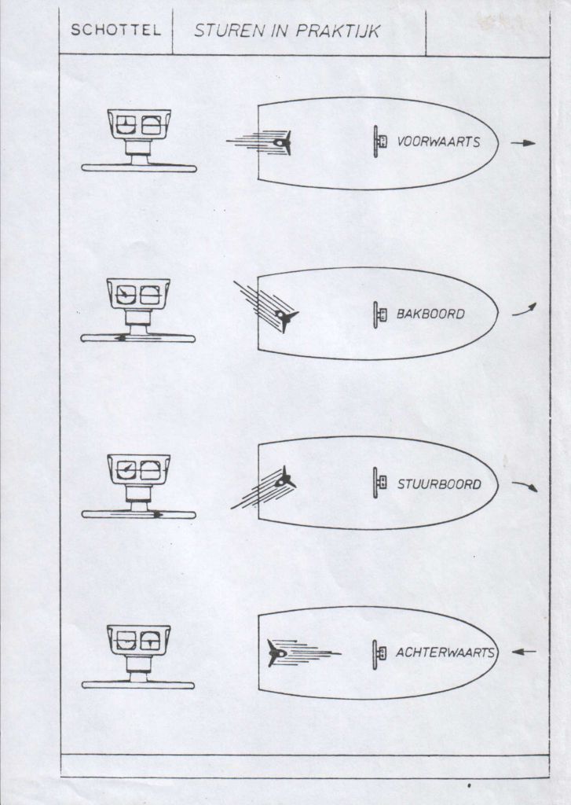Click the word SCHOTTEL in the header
click(x=115, y=31)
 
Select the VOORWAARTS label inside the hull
click(x=438, y=142)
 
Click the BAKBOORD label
click(x=430, y=314)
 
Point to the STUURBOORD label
click(x=439, y=484)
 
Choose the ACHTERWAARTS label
click(x=445, y=652)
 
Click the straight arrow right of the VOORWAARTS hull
click(x=523, y=143)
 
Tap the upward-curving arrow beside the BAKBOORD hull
click(x=525, y=310)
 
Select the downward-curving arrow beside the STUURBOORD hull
click(x=525, y=486)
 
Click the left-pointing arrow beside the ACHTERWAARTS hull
click(x=524, y=652)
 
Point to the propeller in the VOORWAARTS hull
click(x=283, y=143)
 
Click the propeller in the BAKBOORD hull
click(x=286, y=316)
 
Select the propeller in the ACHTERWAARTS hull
click(x=276, y=653)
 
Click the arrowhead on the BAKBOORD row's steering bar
click(x=120, y=338)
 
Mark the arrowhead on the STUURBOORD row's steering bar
click(x=159, y=514)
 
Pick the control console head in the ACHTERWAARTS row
click(x=138, y=641)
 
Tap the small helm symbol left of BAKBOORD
click(x=379, y=314)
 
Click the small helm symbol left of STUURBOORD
click(x=379, y=483)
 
